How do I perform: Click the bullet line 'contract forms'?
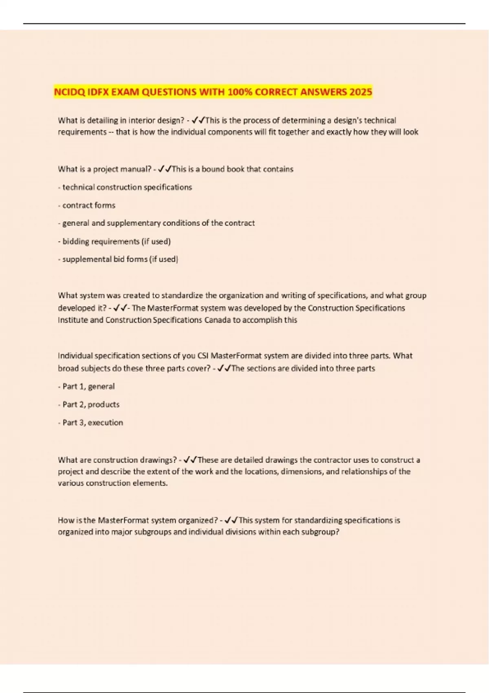tap(88, 205)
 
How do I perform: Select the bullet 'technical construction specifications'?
tap(127, 188)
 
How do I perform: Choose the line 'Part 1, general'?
tap(88, 386)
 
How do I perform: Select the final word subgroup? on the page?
tap(320, 532)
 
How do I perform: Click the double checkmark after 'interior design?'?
tap(198, 120)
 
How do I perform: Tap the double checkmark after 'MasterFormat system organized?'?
tap(231, 520)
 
